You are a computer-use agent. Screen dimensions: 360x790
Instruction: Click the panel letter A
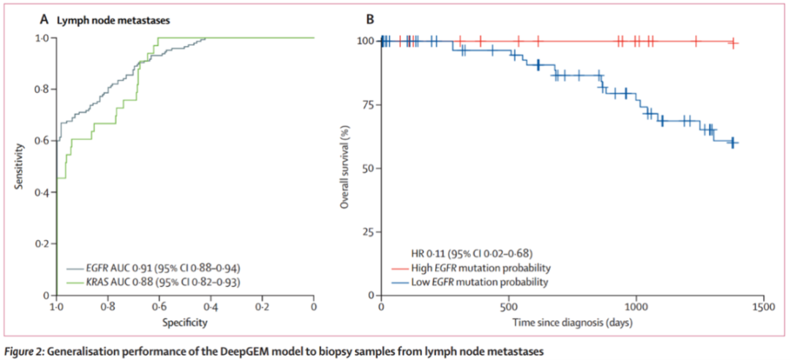point(43,18)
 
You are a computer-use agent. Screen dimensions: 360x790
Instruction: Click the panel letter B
point(369,18)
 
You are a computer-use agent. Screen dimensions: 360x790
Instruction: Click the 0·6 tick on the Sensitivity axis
point(44,141)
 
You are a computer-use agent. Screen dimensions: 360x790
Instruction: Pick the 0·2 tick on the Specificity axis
point(262,307)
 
